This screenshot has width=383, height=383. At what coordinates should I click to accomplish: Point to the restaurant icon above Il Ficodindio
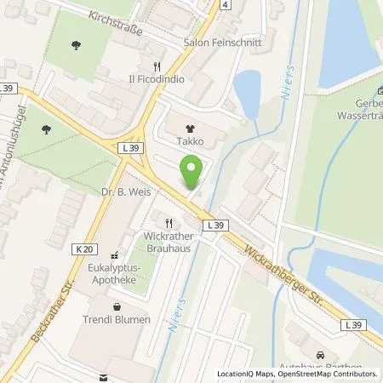(x=155, y=66)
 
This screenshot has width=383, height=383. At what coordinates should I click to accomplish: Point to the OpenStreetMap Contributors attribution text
(x=325, y=374)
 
